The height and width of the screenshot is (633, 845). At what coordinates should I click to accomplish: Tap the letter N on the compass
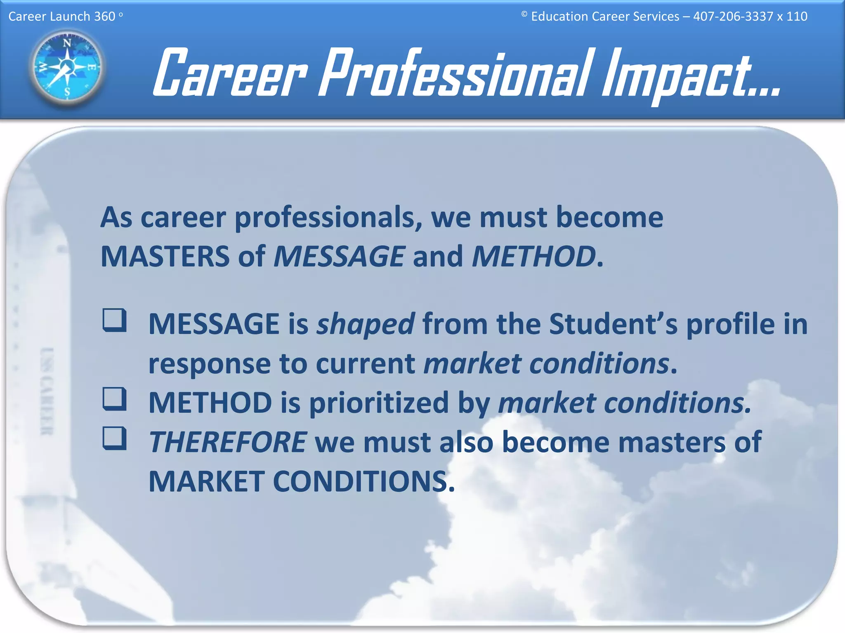pyautogui.click(x=67, y=43)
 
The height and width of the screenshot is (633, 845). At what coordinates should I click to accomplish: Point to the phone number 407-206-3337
pyautogui.click(x=733, y=16)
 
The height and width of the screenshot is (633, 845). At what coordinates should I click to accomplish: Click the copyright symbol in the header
pyautogui.click(x=524, y=14)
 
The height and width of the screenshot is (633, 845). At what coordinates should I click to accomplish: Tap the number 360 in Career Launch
pyautogui.click(x=104, y=16)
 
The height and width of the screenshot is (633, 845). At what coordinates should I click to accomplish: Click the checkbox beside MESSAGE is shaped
pyautogui.click(x=114, y=320)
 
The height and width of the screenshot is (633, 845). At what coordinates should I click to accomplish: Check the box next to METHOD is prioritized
pyautogui.click(x=114, y=399)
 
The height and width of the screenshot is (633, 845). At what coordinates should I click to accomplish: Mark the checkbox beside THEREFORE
pyautogui.click(x=114, y=438)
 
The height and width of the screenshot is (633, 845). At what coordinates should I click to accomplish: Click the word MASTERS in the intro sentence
pyautogui.click(x=165, y=256)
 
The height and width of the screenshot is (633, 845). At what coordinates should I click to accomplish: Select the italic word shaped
pyautogui.click(x=365, y=324)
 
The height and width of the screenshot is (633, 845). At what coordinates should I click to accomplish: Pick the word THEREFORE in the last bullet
pyautogui.click(x=227, y=442)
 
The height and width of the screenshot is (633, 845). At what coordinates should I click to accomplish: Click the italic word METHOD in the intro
pyautogui.click(x=533, y=256)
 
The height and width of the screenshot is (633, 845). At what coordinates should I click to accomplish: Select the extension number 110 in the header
pyautogui.click(x=797, y=16)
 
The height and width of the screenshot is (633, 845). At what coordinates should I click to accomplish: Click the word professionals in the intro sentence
pyautogui.click(x=328, y=218)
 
